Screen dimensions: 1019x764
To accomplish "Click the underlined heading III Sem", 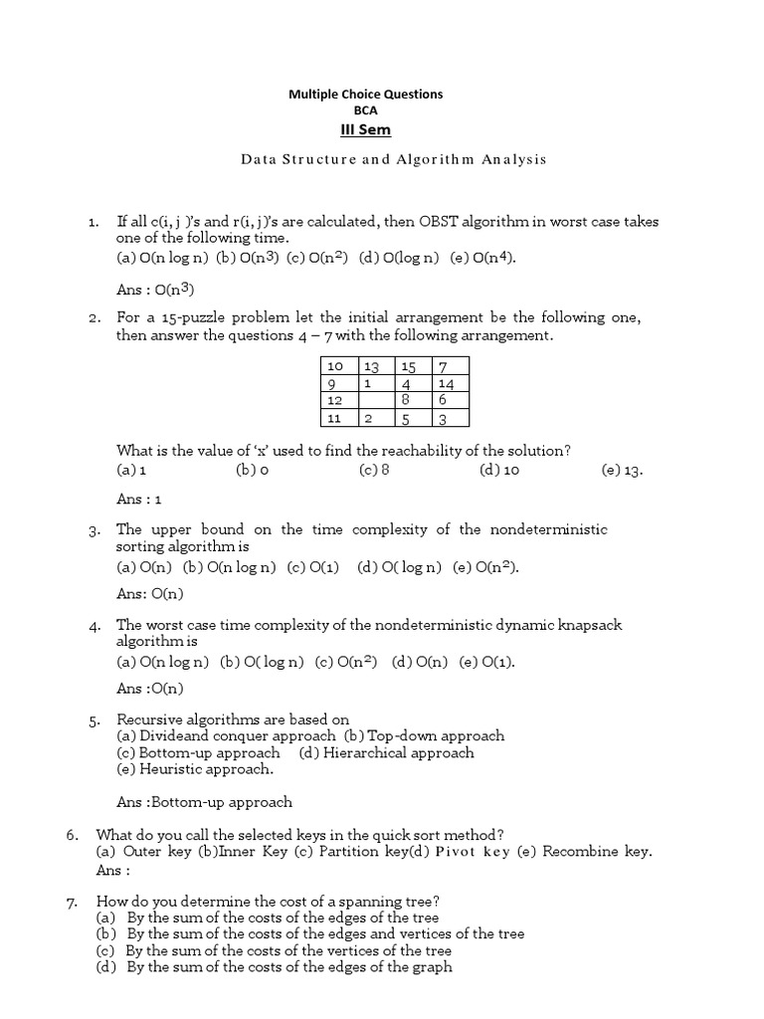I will pyautogui.click(x=365, y=129).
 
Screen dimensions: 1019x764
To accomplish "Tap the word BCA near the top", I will pyautogui.click(x=365, y=110).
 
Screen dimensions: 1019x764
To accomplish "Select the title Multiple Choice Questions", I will pyautogui.click(x=365, y=94).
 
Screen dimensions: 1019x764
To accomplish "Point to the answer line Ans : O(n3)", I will pyautogui.click(x=154, y=290).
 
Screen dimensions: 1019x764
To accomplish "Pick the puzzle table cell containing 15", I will pyautogui.click(x=408, y=367).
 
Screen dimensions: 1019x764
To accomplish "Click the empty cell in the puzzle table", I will pyautogui.click(x=377, y=400).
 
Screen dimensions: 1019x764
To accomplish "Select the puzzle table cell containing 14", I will pyautogui.click(x=450, y=383).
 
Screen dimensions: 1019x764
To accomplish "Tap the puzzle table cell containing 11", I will pyautogui.click(x=334, y=418).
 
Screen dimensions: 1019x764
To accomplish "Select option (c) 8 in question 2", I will pyautogui.click(x=374, y=471).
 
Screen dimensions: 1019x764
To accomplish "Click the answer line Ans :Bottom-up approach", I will pyautogui.click(x=205, y=802).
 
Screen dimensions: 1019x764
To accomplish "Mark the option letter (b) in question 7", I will pyautogui.click(x=106, y=934).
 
